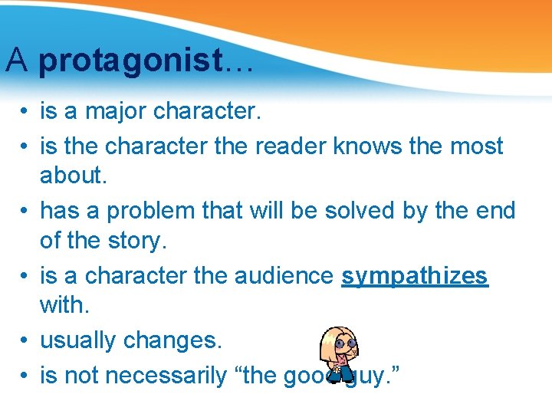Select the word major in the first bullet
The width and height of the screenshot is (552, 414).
(117, 112)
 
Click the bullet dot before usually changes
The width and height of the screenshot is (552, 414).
(25, 340)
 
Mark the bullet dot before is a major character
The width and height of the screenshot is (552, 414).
(25, 112)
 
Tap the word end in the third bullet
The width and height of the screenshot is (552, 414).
(495, 210)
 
